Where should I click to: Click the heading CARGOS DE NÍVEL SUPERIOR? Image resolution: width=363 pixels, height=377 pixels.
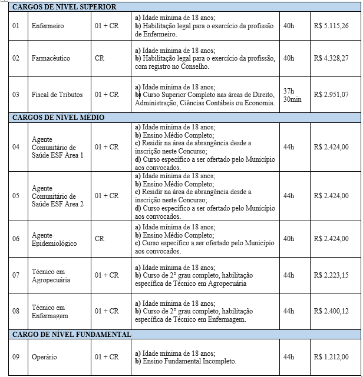(64, 6)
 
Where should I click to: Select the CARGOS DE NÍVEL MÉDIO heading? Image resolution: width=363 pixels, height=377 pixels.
(58, 118)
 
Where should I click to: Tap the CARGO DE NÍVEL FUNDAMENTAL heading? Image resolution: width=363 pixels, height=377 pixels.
(71, 334)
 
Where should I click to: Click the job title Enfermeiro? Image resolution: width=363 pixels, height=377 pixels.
(48, 26)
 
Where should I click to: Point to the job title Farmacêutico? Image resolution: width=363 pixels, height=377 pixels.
(51, 59)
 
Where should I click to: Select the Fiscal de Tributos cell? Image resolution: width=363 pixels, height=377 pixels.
(57, 94)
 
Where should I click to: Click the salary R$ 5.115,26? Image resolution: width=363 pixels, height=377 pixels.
(331, 26)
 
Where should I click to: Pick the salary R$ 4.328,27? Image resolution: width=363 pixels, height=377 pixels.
(331, 59)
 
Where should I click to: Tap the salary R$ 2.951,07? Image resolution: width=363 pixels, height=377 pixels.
(331, 94)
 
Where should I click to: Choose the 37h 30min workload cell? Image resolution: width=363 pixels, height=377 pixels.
(291, 95)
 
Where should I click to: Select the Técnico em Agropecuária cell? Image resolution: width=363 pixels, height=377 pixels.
(51, 275)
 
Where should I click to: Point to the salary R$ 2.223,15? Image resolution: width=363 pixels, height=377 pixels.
(331, 275)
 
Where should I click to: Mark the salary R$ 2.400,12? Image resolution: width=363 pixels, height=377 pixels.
(331, 311)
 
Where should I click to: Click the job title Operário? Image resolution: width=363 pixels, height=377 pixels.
(44, 357)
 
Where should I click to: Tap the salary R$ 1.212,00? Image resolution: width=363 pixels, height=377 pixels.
(331, 357)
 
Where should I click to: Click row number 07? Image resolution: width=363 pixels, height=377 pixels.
(16, 275)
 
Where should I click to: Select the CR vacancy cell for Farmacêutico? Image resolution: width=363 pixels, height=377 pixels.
(100, 59)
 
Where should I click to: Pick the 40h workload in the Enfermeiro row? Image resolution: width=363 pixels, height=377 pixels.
(288, 26)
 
